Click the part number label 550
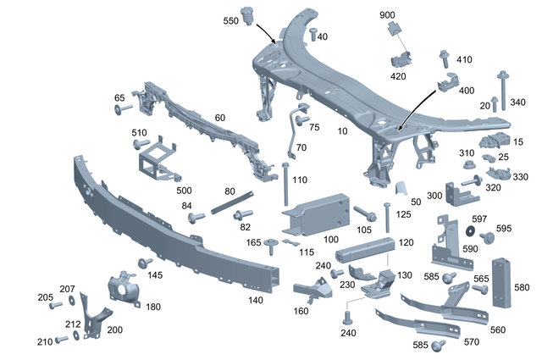(231, 19)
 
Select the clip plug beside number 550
(250, 16)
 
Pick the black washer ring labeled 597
(467, 230)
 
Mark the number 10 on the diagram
(341, 131)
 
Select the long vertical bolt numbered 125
(387, 217)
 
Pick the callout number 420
(398, 76)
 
